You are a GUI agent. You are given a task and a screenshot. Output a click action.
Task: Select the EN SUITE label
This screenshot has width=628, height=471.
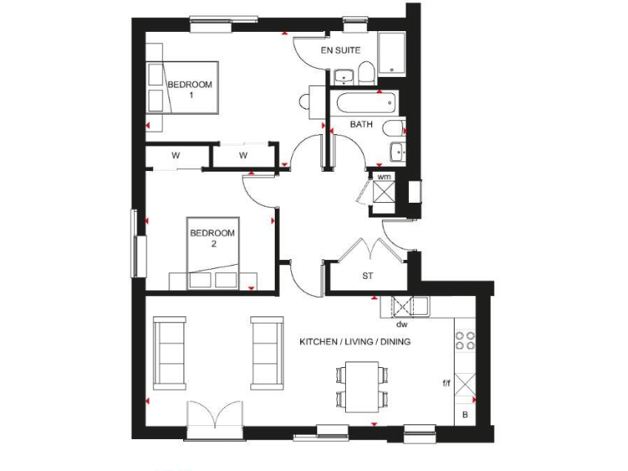coord(341,51)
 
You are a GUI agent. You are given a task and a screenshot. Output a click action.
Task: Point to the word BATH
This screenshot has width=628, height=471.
coord(361,125)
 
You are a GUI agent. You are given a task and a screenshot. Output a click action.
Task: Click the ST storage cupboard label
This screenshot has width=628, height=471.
coord(368,276)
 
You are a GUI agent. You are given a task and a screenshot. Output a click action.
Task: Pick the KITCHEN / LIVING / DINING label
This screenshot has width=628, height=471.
coord(354,342)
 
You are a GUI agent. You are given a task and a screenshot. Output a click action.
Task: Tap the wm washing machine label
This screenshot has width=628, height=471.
coord(383,175)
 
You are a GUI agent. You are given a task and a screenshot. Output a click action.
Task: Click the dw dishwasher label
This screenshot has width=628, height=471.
coord(401,324)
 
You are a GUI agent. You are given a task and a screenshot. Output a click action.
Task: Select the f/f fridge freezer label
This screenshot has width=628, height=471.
coord(446,382)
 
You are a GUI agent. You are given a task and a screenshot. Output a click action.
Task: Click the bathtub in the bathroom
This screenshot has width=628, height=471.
coord(365,103)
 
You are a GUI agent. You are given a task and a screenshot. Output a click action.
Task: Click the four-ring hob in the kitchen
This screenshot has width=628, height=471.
coord(465,339)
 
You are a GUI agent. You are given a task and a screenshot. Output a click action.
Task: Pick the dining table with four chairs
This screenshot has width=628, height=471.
coord(361,387)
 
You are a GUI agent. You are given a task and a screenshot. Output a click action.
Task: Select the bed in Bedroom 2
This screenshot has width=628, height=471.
coord(213,253)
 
